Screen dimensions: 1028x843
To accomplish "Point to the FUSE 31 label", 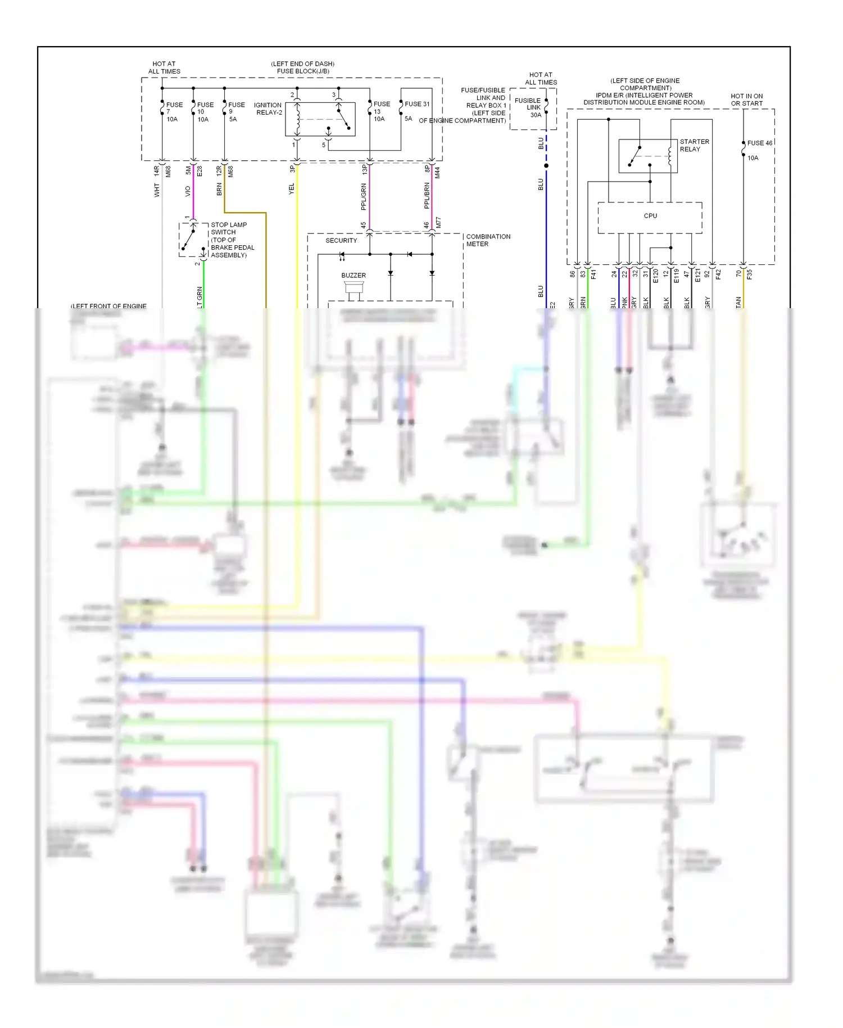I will [417, 104].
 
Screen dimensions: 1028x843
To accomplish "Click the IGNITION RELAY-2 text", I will [268, 109].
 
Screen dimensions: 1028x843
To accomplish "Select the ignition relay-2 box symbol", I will [320, 119].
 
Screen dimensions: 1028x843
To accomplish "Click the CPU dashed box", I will [650, 217].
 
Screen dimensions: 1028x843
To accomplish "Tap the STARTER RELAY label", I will [694, 146].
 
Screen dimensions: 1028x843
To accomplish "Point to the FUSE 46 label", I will [759, 143].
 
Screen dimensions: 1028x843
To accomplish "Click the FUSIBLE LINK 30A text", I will [528, 108].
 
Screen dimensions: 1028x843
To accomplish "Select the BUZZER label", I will [353, 276].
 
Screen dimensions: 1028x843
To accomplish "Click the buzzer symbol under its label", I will [354, 290].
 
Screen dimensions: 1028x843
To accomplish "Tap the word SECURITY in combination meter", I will [341, 241].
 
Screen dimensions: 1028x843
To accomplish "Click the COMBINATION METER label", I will [488, 240].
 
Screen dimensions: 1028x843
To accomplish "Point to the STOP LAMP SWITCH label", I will [229, 228].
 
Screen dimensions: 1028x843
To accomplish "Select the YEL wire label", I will [292, 189].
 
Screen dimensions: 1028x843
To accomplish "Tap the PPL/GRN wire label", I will [364, 197].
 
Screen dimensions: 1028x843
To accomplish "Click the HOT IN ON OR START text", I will [746, 100].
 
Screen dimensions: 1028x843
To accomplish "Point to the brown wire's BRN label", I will [219, 190].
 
